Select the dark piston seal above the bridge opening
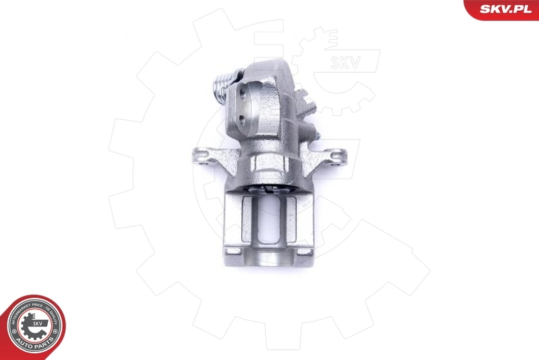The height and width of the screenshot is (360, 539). (269, 189)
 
